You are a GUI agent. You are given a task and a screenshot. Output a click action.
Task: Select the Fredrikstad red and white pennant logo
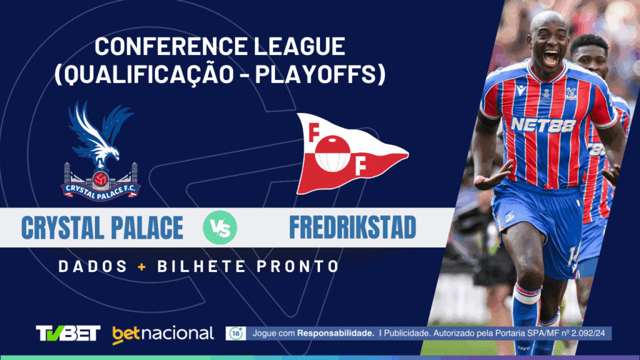tap(347, 153)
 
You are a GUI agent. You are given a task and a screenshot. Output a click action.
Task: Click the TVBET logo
tap(68, 333)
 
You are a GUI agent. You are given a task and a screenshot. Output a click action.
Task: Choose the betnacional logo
tap(163, 334)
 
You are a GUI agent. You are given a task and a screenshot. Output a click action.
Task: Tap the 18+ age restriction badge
tap(236, 333)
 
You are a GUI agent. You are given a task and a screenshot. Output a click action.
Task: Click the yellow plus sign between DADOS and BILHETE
tap(142, 267)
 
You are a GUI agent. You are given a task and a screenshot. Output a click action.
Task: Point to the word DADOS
tap(92, 267)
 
